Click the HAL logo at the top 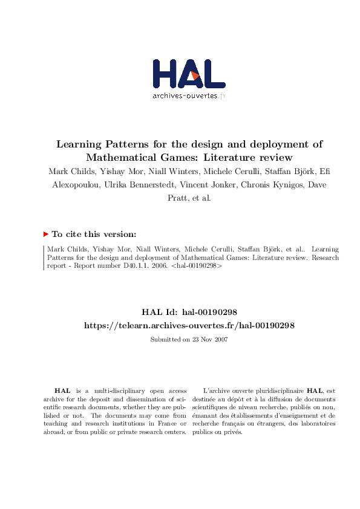click(189, 75)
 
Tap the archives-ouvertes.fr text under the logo click(189, 96)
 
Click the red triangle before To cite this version click(46, 234)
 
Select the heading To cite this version click(94, 234)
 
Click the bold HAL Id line click(189, 312)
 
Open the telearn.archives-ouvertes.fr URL click(189, 325)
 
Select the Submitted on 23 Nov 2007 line click(189, 340)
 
